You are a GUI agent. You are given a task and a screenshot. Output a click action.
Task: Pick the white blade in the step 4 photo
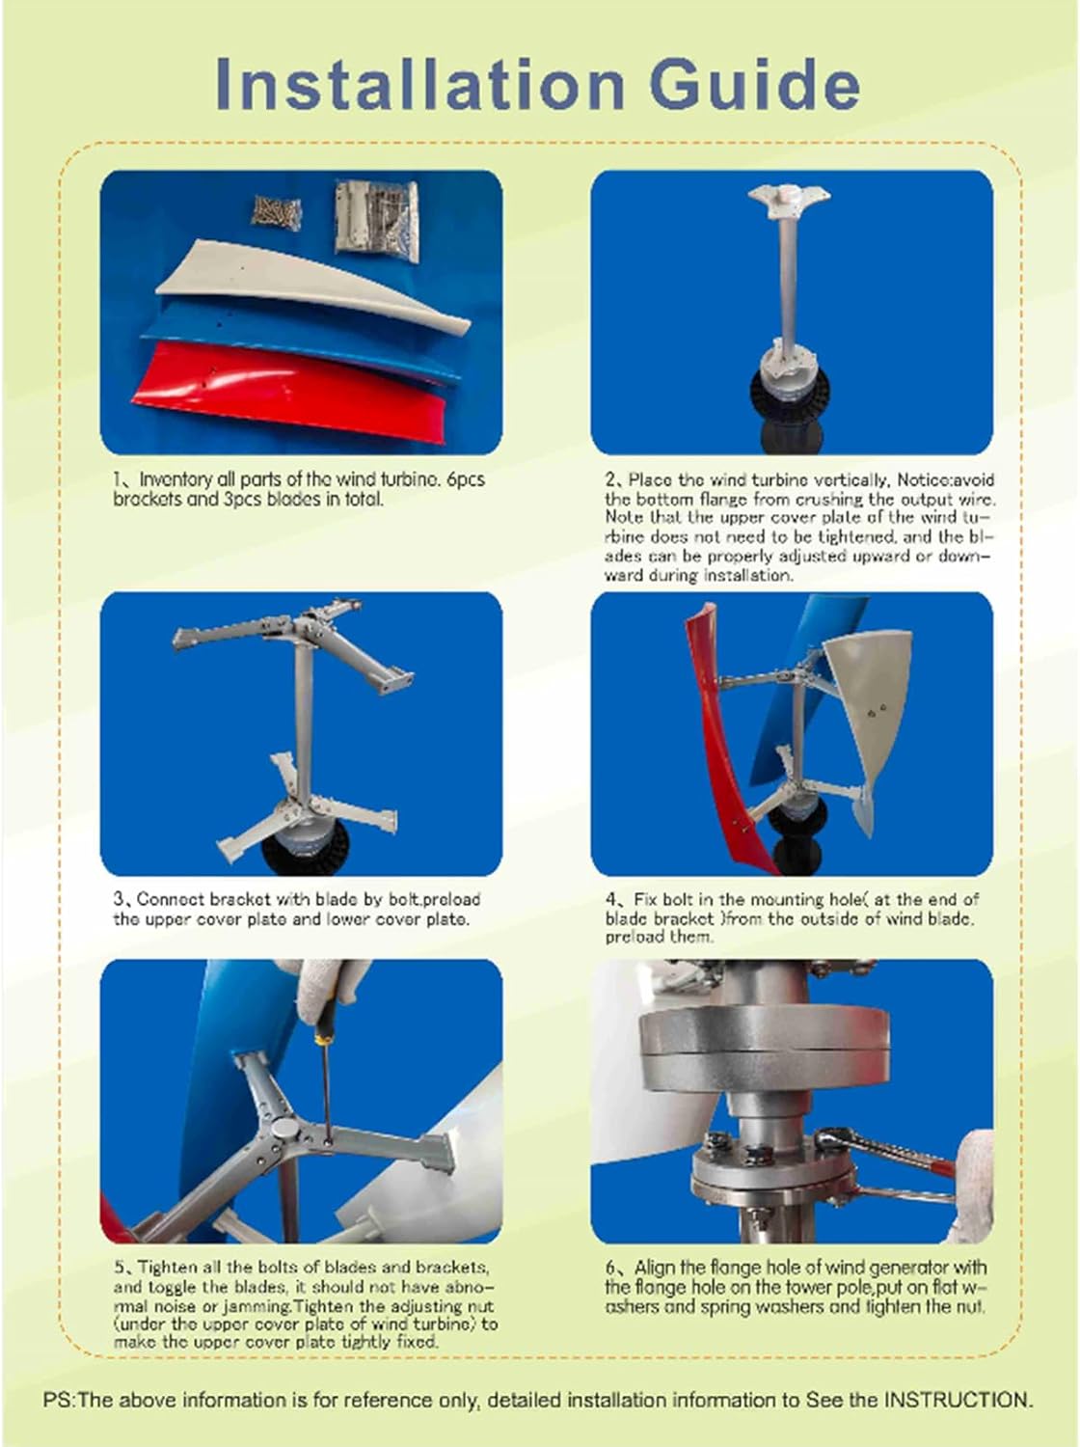tap(868, 714)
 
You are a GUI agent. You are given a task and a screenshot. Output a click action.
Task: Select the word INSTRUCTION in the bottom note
tap(958, 1400)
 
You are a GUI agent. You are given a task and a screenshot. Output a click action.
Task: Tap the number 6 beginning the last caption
tap(610, 1268)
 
